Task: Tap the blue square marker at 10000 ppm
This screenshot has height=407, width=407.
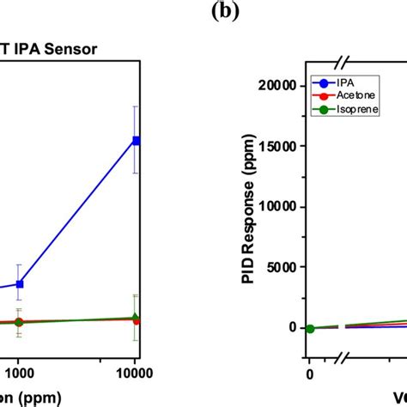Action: (135, 140)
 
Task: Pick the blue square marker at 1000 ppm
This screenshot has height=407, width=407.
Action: (20, 283)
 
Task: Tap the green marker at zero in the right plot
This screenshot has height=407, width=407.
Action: (310, 329)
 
